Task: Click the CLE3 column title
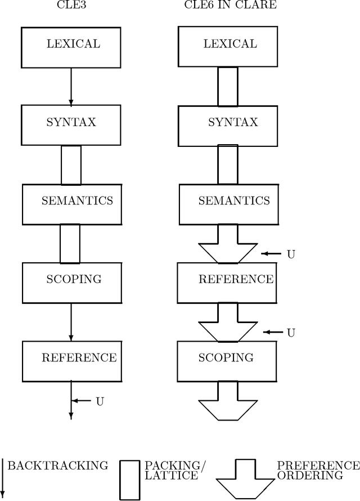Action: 71,6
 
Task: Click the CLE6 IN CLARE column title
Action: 231,6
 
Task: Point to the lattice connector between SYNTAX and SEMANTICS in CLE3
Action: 71,164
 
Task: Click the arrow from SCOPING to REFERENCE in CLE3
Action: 71,321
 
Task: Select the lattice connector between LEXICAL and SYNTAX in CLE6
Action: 228,86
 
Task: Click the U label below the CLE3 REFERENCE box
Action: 100,401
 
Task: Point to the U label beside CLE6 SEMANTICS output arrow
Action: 291,254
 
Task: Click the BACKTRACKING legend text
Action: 57,466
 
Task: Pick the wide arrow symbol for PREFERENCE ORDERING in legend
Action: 245,478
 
